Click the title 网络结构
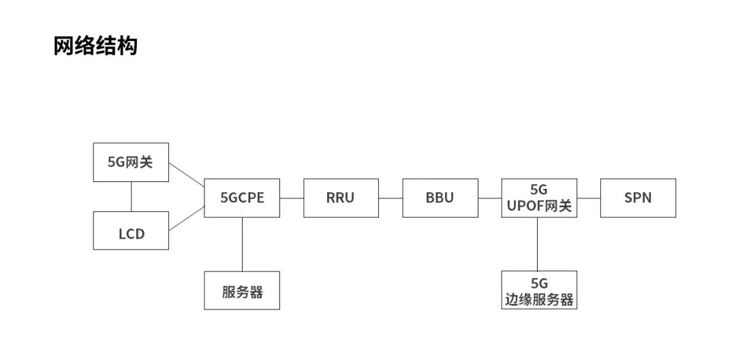pyautogui.click(x=95, y=46)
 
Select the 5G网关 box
pyautogui.click(x=130, y=162)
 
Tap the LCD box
pyautogui.click(x=130, y=234)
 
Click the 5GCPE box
pyautogui.click(x=242, y=198)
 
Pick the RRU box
pyautogui.click(x=341, y=198)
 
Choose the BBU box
pyautogui.click(x=440, y=198)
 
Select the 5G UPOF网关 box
pyautogui.click(x=539, y=198)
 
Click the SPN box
pyautogui.click(x=638, y=198)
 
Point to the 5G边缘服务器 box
pyautogui.click(x=539, y=290)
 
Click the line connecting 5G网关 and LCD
pyautogui.click(x=131, y=196)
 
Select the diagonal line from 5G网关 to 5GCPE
pyautogui.click(x=187, y=174)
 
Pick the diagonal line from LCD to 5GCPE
pyautogui.click(x=187, y=219)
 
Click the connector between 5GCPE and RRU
pyautogui.click(x=292, y=198)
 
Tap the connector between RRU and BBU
pyautogui.click(x=390, y=198)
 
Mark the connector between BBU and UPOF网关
pyautogui.click(x=489, y=198)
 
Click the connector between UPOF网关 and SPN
pyautogui.click(x=589, y=198)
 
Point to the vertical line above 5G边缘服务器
pyautogui.click(x=537, y=244)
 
